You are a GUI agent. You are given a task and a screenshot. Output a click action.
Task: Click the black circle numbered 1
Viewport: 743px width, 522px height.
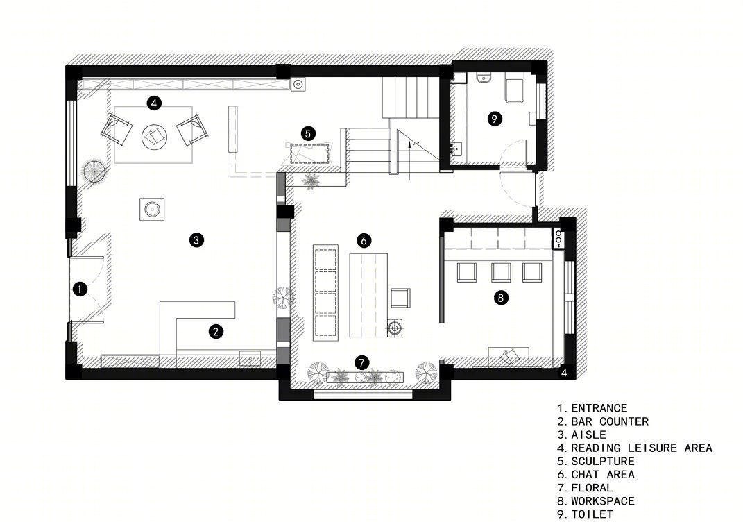[80, 289]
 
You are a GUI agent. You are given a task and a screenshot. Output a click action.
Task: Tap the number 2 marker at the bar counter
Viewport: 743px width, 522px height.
[216, 331]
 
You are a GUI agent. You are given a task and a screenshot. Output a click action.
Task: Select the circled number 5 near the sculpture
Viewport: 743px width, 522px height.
[308, 134]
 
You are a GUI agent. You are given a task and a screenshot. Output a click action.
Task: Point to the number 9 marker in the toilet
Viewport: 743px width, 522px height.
[494, 119]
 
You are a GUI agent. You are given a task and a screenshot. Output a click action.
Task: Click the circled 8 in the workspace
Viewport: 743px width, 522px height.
[501, 298]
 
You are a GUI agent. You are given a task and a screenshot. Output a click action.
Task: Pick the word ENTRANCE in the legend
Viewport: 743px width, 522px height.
[599, 408]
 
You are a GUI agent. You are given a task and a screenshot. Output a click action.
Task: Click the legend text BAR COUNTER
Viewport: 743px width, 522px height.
[609, 421]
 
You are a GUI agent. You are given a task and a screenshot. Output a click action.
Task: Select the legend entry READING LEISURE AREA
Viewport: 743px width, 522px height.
[642, 448]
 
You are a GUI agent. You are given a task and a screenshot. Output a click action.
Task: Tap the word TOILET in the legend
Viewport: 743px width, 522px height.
[592, 514]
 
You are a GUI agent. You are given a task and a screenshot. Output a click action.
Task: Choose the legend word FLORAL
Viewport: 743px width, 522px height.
[592, 488]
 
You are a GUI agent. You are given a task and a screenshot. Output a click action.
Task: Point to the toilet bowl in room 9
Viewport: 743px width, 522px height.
[514, 90]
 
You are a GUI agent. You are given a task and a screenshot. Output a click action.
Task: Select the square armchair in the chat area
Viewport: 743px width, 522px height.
[400, 298]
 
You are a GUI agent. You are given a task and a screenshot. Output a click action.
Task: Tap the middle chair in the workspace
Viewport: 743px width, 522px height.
[501, 273]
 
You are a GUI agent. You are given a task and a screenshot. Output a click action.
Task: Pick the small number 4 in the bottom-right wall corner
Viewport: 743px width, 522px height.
[564, 373]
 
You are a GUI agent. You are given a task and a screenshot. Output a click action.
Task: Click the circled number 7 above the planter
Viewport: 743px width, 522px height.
[361, 363]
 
